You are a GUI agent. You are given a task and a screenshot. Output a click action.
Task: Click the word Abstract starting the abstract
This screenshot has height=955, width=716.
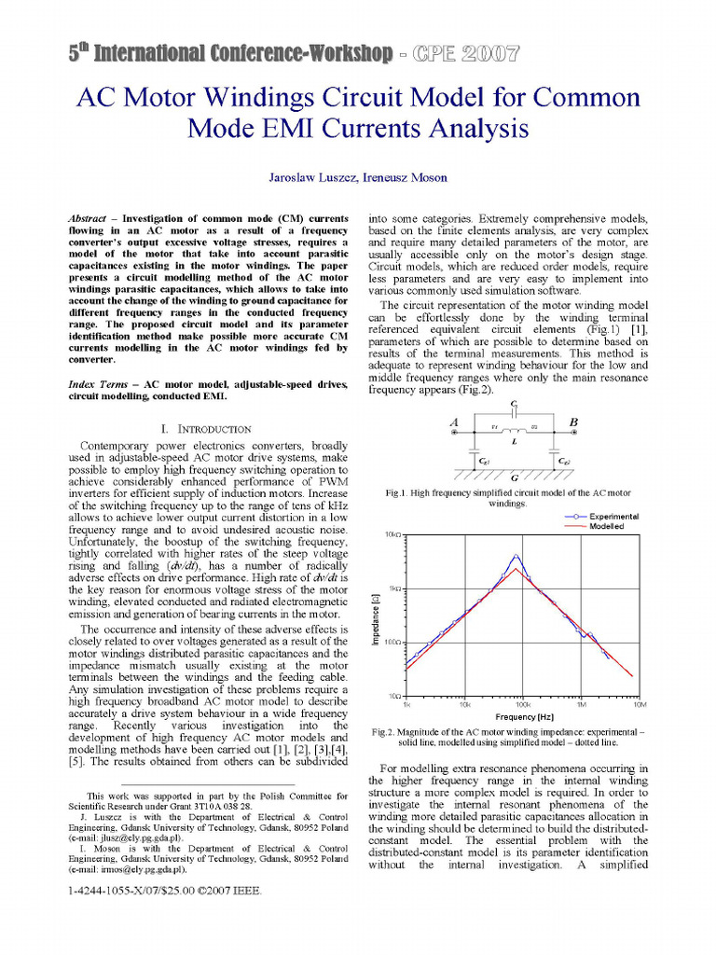click(88, 216)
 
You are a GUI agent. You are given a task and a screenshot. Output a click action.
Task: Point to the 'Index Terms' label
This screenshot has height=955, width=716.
click(101, 385)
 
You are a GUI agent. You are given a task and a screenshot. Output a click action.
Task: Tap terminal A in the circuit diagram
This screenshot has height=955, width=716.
click(456, 422)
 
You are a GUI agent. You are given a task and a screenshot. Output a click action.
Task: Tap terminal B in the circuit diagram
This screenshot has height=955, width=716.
click(572, 422)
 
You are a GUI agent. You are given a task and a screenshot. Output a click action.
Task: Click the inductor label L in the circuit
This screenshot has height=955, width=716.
click(515, 441)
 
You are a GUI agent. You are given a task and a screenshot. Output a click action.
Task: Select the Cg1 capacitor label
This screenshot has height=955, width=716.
click(485, 461)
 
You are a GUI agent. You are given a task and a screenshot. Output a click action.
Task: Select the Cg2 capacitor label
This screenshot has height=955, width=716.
click(564, 461)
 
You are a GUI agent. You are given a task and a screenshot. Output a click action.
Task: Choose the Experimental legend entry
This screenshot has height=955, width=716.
click(613, 516)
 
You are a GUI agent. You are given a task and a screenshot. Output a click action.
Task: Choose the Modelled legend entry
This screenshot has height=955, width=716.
click(607, 527)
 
